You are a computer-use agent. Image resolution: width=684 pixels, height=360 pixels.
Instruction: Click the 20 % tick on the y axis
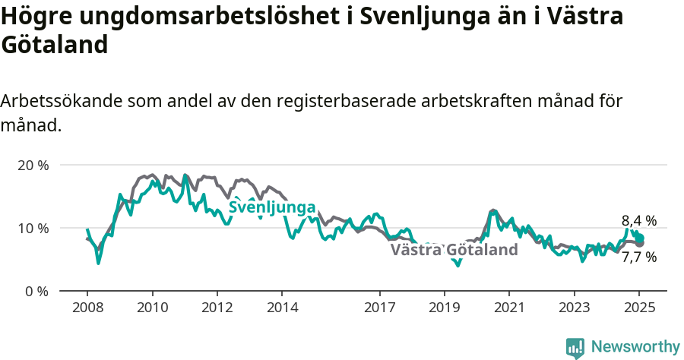(33, 165)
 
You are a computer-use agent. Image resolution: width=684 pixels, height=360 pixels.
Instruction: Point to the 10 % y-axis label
(33, 228)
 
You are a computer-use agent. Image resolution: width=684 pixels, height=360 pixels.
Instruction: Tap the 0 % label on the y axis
(36, 291)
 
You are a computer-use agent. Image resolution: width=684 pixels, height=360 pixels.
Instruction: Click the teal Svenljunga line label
(272, 207)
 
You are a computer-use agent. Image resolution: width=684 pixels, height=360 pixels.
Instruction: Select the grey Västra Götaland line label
(454, 250)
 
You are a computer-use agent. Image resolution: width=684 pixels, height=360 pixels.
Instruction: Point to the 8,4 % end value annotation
(638, 221)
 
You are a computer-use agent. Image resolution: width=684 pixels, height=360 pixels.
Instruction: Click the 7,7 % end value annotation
(638, 257)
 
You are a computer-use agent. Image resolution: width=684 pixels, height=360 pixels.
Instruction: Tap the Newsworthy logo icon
(575, 347)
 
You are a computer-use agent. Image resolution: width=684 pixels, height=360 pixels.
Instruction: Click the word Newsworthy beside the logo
(635, 347)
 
